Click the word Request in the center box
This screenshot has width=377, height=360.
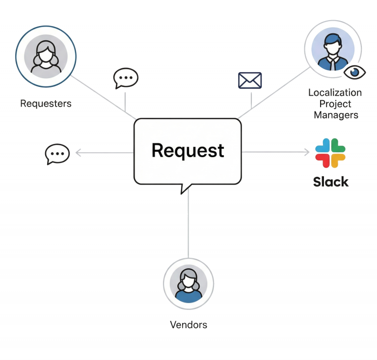188,150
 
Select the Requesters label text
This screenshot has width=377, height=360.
46,104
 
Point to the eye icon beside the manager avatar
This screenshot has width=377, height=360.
354,72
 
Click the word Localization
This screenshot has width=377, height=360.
335,92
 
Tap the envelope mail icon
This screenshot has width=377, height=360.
250,81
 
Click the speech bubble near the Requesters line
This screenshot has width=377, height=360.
126,78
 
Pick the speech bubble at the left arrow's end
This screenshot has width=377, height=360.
57,154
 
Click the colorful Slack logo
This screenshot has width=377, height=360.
330,153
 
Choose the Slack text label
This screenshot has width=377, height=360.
330,182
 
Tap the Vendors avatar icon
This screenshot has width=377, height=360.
188,284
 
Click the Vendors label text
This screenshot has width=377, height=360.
188,325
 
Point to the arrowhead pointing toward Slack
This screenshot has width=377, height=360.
307,152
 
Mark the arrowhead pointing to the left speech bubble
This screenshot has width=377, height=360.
78,153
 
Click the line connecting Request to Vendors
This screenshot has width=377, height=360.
188,226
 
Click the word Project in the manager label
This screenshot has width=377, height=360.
335,104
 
